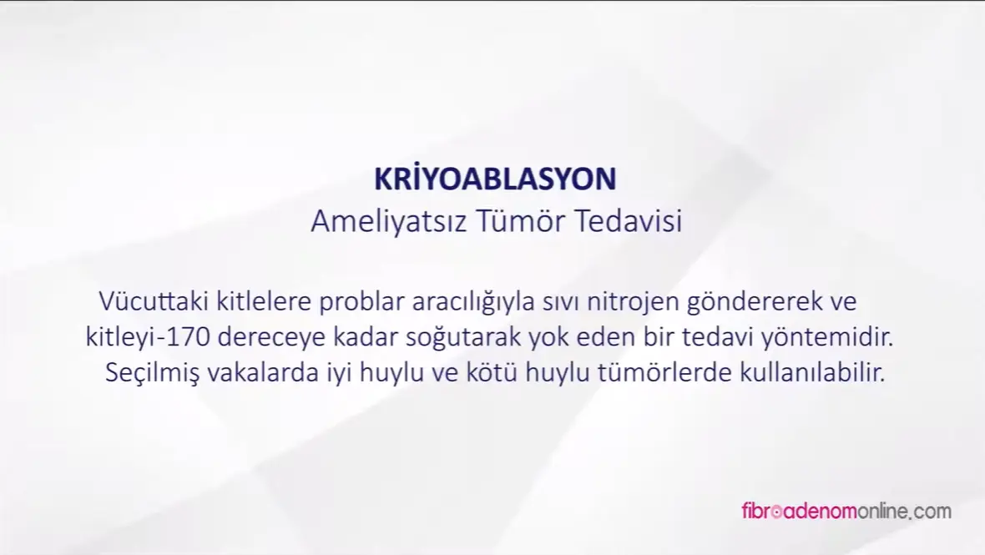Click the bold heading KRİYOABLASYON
click(495, 179)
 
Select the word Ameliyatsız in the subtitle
click(389, 222)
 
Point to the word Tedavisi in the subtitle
click(629, 221)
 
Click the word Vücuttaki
click(154, 300)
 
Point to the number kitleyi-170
click(149, 338)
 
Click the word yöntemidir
click(827, 338)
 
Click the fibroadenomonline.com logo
click(846, 511)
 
